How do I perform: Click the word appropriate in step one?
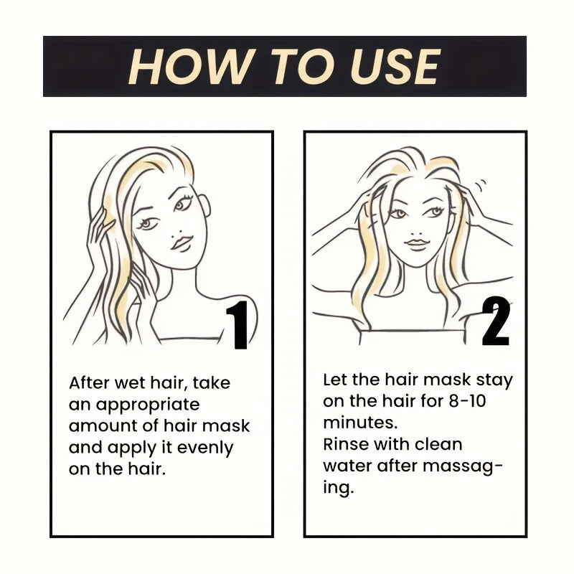coord(148,405)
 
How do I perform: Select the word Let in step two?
coord(334,380)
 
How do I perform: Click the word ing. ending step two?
coord(338,488)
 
